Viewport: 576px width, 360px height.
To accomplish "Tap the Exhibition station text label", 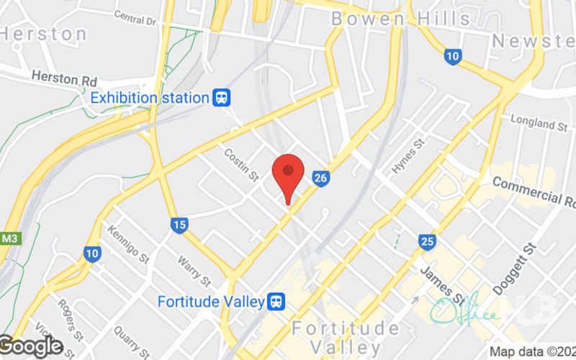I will (149, 97).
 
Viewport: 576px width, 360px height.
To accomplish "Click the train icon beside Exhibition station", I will (222, 97).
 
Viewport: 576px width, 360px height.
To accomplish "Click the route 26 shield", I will (321, 176).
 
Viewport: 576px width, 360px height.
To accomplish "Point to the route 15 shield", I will (180, 225).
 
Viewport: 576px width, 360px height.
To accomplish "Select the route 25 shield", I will (428, 241).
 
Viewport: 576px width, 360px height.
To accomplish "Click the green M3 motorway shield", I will (9, 238).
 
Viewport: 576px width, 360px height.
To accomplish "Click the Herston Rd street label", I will (65, 78).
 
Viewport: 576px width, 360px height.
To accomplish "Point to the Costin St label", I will (240, 165).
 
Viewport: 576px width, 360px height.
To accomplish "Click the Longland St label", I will (539, 122).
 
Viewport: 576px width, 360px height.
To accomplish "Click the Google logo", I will (31, 346).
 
